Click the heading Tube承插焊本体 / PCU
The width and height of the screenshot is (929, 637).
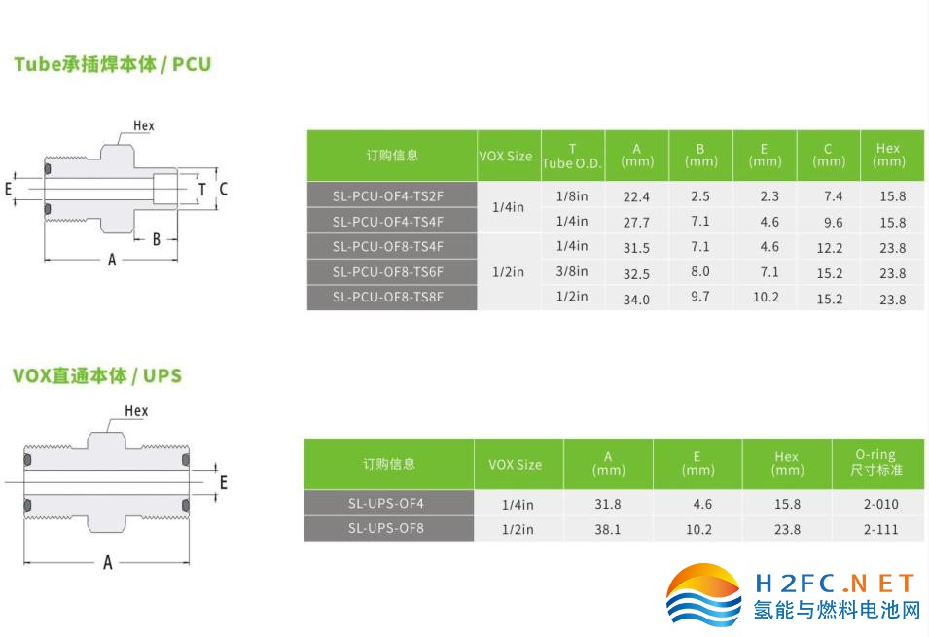[113, 64]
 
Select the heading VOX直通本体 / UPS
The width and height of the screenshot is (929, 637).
[97, 375]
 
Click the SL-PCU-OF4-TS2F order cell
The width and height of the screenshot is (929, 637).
[392, 195]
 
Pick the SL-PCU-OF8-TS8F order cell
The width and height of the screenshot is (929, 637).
[392, 298]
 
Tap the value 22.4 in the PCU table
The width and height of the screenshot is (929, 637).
[636, 196]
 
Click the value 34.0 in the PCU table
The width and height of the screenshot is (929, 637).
[636, 300]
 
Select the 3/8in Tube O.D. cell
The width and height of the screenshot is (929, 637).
[572, 272]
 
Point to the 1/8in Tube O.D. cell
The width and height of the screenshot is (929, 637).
[572, 196]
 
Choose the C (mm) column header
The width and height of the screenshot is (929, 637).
[828, 156]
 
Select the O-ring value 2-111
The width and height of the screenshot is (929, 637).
[881, 529]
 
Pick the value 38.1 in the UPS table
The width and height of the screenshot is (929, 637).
[608, 529]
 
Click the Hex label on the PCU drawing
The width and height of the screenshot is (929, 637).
[143, 125]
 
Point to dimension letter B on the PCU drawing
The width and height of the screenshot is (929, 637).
[157, 239]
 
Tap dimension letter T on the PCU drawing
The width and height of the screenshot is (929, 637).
[202, 190]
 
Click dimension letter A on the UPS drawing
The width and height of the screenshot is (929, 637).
[107, 562]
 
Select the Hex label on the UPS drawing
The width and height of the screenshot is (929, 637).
[136, 410]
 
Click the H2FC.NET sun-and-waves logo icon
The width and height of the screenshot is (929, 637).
[703, 594]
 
